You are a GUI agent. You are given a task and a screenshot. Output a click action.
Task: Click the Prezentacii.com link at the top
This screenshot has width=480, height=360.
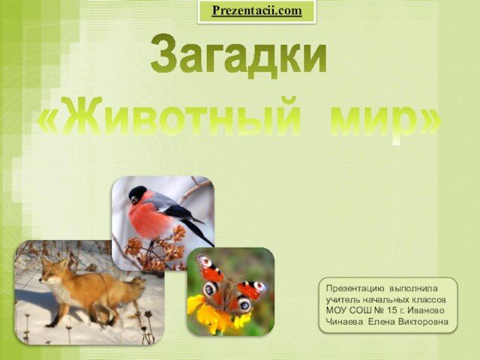click(256, 10)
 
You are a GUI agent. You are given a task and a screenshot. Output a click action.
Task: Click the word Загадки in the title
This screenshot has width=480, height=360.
click(239, 55)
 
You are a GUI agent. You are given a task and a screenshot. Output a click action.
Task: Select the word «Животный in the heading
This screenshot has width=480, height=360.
click(169, 116)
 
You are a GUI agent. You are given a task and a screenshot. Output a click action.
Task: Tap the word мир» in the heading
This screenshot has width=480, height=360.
click(386, 120)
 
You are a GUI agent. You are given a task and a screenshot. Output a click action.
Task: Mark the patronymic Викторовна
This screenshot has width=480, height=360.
click(423, 322)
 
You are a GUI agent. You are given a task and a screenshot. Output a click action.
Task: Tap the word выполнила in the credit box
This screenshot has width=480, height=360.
click(413, 289)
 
